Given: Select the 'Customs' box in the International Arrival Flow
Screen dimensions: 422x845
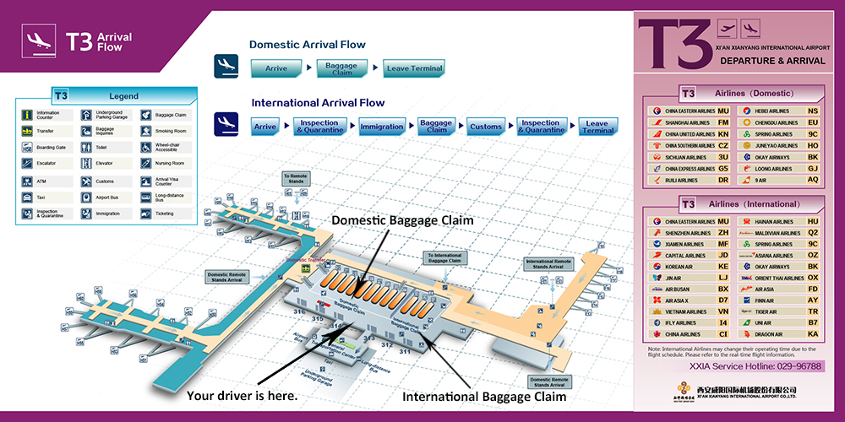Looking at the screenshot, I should (486, 127).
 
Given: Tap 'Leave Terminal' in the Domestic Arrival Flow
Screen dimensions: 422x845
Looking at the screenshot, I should (414, 68).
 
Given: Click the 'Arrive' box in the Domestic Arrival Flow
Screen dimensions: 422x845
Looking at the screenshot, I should (276, 68).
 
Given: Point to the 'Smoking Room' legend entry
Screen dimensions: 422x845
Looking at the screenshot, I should (170, 132).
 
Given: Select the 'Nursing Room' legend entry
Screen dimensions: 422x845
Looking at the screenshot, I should (170, 164).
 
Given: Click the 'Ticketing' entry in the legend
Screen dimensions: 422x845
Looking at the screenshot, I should (164, 214).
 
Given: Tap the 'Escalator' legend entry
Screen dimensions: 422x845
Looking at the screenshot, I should (47, 164).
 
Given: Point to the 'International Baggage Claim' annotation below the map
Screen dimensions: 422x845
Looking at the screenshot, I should (483, 395).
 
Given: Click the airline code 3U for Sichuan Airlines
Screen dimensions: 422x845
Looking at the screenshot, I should (722, 157).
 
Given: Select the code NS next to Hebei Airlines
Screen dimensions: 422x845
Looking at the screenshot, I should (812, 111).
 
